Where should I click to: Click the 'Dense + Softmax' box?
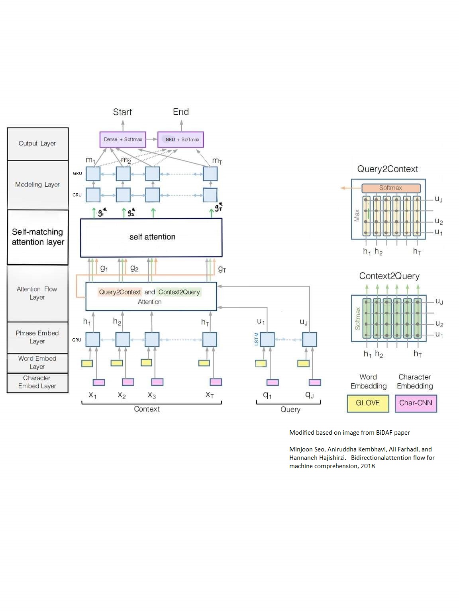123,139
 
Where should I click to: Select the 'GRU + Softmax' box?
181,139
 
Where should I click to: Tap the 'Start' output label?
122,112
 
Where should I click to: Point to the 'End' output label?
180,112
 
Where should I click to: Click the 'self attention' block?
151,237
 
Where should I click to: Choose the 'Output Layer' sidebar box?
37,144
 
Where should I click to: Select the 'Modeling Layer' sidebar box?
37,185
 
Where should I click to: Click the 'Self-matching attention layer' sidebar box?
38,237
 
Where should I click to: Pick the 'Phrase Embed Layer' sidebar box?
37,337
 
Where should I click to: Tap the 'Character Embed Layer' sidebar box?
37,382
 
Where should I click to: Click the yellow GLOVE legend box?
367,403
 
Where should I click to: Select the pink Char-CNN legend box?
416,403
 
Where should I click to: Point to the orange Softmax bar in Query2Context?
391,188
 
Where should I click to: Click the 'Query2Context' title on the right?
387,169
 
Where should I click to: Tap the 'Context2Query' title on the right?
389,276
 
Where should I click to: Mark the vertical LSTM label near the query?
257,339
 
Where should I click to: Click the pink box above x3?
157,382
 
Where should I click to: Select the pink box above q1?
273,382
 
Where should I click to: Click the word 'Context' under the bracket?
147,409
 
